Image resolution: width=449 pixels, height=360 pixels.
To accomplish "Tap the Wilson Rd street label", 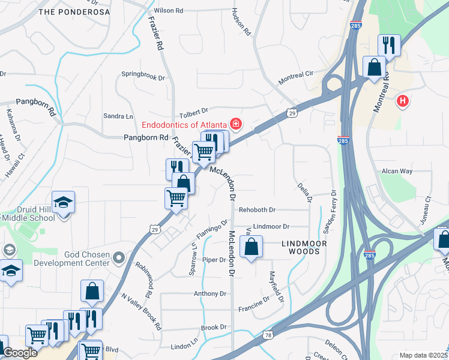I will tap(169, 11).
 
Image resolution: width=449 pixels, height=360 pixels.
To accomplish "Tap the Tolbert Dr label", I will tap(193, 112).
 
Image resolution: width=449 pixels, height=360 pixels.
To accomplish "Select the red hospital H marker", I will tap(403, 102).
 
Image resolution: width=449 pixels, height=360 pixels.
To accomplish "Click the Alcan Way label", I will tap(397, 171).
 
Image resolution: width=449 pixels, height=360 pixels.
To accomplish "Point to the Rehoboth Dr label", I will tap(257, 210).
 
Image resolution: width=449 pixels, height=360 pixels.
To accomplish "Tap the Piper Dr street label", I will tap(214, 260).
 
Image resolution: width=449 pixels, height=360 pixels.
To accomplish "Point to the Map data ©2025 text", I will tap(423, 355).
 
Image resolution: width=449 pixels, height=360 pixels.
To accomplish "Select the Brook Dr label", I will tap(213, 328).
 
